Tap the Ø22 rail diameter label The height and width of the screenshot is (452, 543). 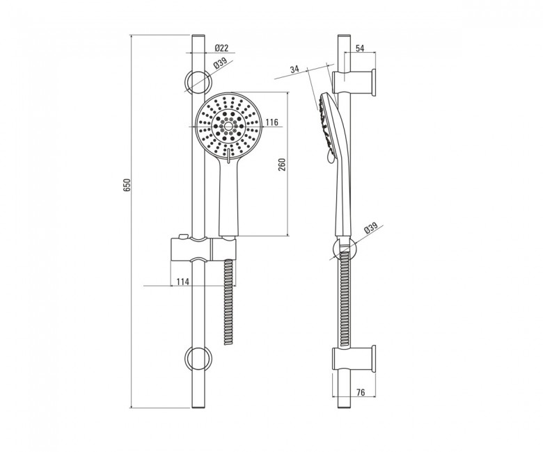[221, 48]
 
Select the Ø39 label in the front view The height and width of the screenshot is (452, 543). [220, 64]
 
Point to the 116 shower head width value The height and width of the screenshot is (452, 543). [272, 122]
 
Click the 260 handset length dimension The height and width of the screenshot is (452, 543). [282, 165]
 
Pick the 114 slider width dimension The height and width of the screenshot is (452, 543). [183, 282]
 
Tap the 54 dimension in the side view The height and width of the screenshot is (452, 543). [360, 49]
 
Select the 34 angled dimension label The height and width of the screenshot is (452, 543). [294, 69]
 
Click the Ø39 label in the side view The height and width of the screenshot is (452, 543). [370, 228]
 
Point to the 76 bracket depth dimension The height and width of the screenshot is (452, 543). [361, 392]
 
